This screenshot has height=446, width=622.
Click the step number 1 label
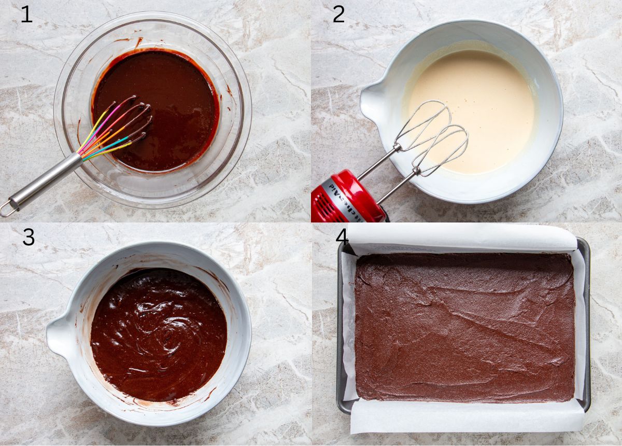[x=26, y=15]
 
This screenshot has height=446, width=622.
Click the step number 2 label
[x=338, y=15]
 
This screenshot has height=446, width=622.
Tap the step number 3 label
[x=29, y=237]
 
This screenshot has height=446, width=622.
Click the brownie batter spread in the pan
[x=464, y=327]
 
